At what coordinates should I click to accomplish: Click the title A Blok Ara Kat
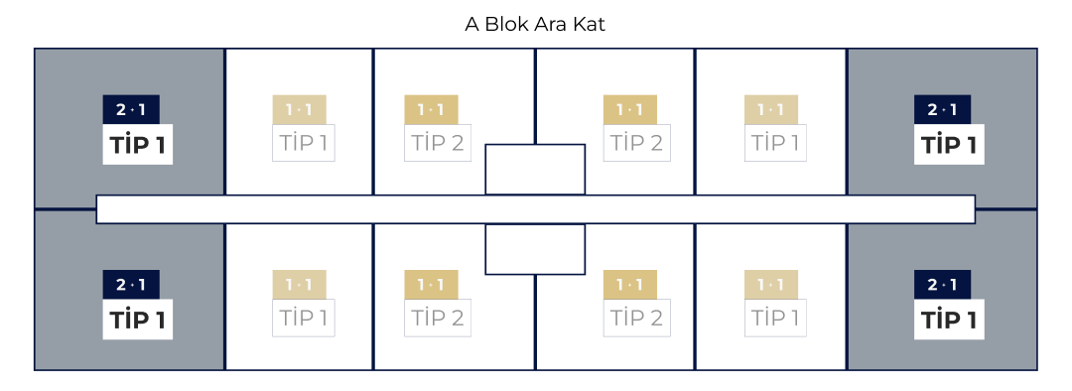[535, 24]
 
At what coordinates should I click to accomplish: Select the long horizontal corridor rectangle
[535, 209]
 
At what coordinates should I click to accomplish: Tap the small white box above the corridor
[535, 169]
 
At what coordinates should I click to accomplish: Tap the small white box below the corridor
[535, 249]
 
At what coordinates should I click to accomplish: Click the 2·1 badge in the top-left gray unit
[131, 109]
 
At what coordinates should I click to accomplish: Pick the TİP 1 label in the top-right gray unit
[949, 145]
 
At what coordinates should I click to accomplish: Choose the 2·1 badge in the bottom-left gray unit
[131, 285]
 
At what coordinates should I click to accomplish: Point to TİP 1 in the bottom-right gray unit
[949, 320]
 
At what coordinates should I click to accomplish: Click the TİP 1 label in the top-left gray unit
[138, 145]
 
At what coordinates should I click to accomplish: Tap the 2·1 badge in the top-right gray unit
[942, 109]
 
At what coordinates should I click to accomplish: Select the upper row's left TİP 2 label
[438, 143]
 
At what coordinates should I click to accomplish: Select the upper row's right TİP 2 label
[636, 143]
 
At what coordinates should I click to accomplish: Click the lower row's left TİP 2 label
[438, 319]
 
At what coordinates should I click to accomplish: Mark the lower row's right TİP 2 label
[636, 319]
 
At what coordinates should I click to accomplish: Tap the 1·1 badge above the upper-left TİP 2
[431, 109]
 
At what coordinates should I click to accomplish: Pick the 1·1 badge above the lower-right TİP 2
[629, 285]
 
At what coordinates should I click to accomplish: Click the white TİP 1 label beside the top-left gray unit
[304, 143]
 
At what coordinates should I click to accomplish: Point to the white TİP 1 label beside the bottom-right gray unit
[775, 319]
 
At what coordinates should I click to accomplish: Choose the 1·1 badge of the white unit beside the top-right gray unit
[770, 109]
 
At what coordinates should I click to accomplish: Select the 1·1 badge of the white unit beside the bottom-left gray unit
[299, 285]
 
